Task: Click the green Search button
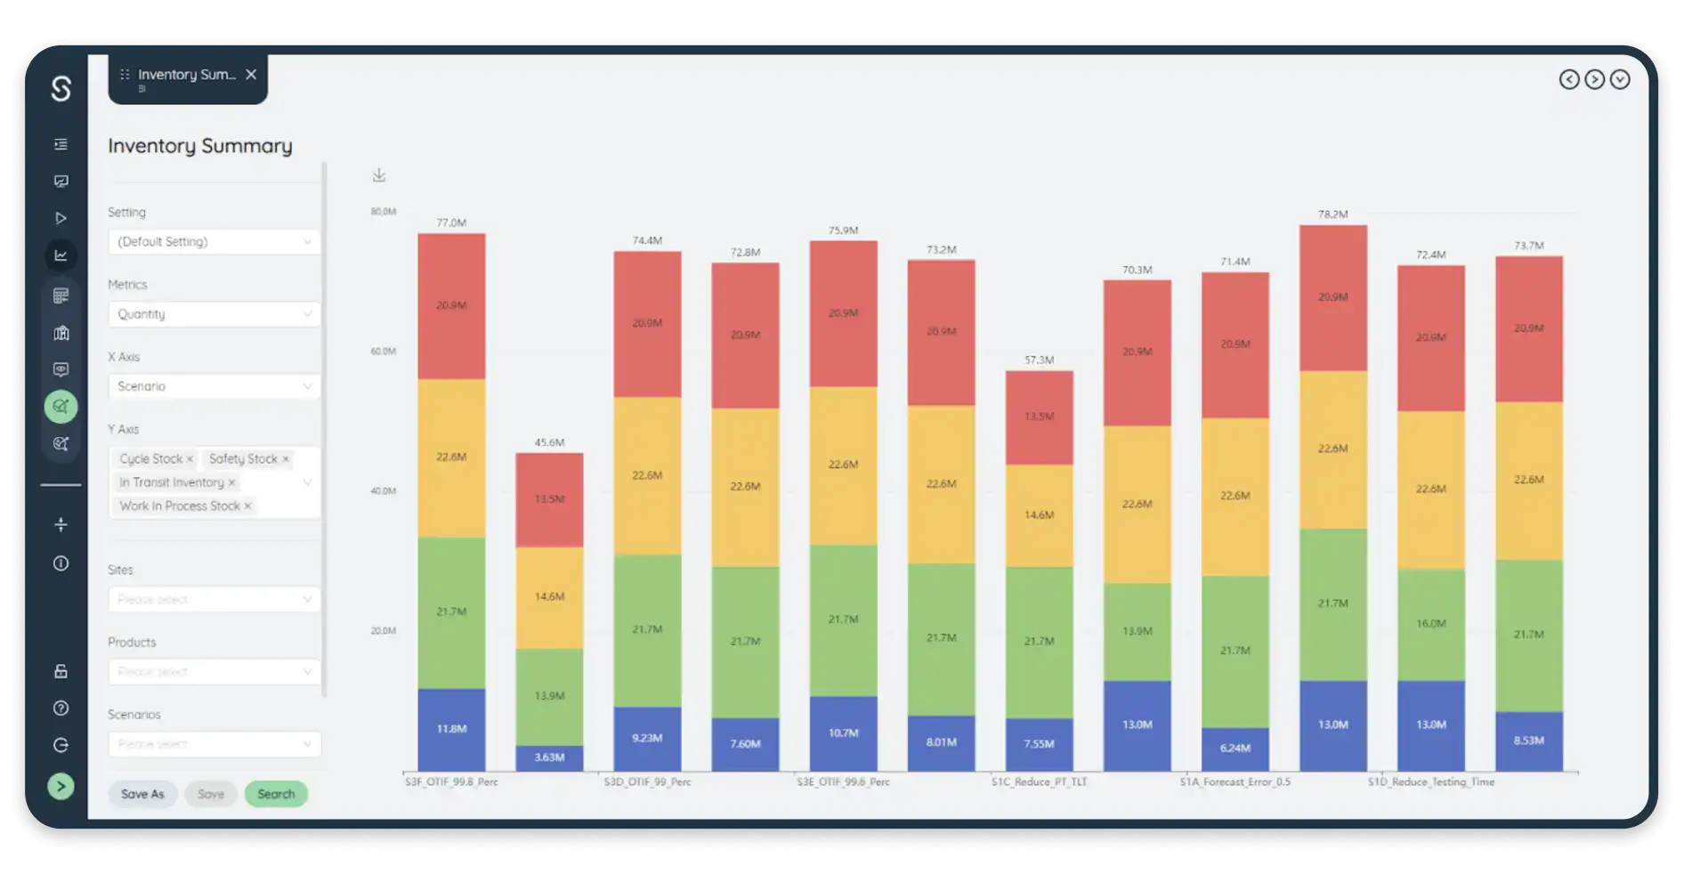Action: [276, 794]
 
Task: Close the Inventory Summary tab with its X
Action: [251, 75]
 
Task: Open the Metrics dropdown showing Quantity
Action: [214, 314]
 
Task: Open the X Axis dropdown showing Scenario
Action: [214, 386]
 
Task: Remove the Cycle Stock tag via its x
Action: [190, 459]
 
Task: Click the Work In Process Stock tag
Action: [180, 506]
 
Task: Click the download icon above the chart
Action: [379, 175]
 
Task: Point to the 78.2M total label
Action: [1332, 214]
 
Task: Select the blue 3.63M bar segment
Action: [549, 757]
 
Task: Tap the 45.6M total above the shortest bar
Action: [549, 442]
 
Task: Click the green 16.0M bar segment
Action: [1430, 624]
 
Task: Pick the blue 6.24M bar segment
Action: [1235, 749]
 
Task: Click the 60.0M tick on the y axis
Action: [383, 352]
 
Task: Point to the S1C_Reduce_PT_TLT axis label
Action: [1039, 782]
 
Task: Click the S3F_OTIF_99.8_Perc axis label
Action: [451, 782]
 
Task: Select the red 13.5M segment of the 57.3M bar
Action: [1039, 417]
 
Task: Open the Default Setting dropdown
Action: [214, 242]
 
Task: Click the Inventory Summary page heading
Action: [200, 146]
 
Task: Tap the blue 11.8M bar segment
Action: [451, 729]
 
